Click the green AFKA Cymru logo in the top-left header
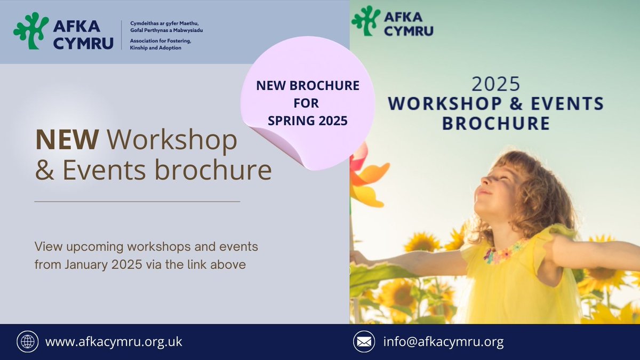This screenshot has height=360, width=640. (x=31, y=30)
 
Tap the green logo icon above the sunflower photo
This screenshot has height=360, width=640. (x=366, y=21)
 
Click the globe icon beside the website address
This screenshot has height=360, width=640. (x=27, y=341)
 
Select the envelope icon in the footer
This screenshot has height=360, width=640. (x=364, y=341)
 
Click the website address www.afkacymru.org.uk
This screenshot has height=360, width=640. (x=114, y=342)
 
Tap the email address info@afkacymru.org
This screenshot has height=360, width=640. (x=443, y=342)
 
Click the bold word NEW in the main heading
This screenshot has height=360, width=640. (x=67, y=140)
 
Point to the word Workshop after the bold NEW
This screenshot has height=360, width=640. (x=172, y=140)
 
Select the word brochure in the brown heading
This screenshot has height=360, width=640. (x=213, y=170)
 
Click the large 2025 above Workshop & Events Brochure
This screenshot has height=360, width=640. (x=495, y=84)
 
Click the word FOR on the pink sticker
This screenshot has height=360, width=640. (x=306, y=103)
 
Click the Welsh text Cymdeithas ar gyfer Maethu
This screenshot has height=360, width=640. (x=164, y=23)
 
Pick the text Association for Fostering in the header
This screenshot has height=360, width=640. (x=161, y=41)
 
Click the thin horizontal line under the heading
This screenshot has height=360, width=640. (x=137, y=202)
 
